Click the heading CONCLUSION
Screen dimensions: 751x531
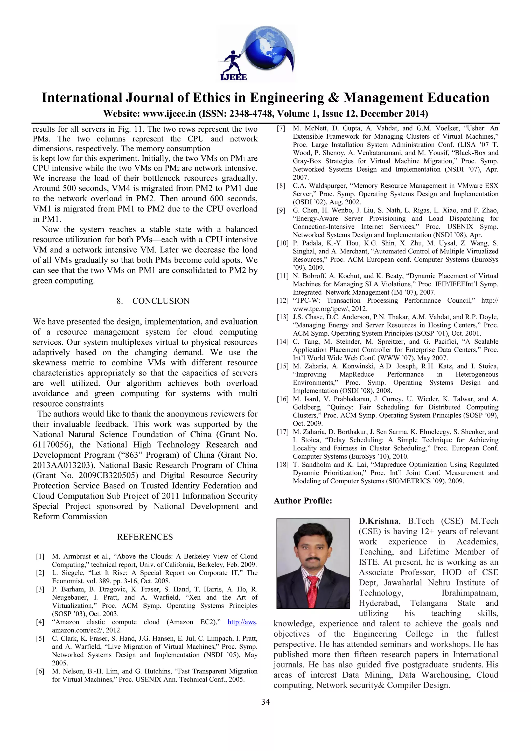(161, 301)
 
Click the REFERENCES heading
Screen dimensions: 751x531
(145, 537)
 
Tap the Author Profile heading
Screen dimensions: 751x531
(303, 501)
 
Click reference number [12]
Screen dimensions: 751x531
(282, 301)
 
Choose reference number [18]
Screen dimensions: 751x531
(282, 464)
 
